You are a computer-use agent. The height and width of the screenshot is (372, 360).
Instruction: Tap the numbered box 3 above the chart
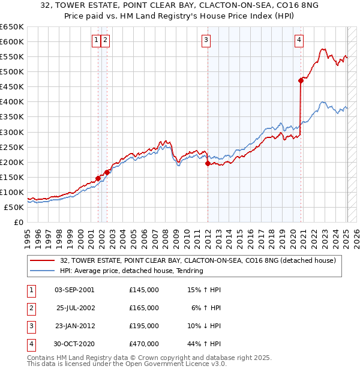click(206, 40)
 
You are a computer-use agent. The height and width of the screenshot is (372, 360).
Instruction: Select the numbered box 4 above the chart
click(299, 40)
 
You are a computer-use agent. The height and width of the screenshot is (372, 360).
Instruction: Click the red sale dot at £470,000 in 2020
click(301, 80)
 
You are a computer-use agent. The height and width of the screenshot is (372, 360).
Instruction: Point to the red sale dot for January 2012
click(208, 163)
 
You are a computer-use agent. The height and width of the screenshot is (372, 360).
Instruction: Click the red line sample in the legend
click(43, 260)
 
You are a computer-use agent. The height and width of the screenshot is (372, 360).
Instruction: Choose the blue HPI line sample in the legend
click(43, 271)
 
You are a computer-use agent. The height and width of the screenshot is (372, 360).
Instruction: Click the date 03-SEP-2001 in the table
click(74, 290)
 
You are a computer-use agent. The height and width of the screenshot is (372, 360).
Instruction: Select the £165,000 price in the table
click(144, 308)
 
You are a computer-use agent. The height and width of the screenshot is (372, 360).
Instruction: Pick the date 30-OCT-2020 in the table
click(74, 344)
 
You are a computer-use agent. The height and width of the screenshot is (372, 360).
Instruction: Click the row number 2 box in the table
click(31, 308)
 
